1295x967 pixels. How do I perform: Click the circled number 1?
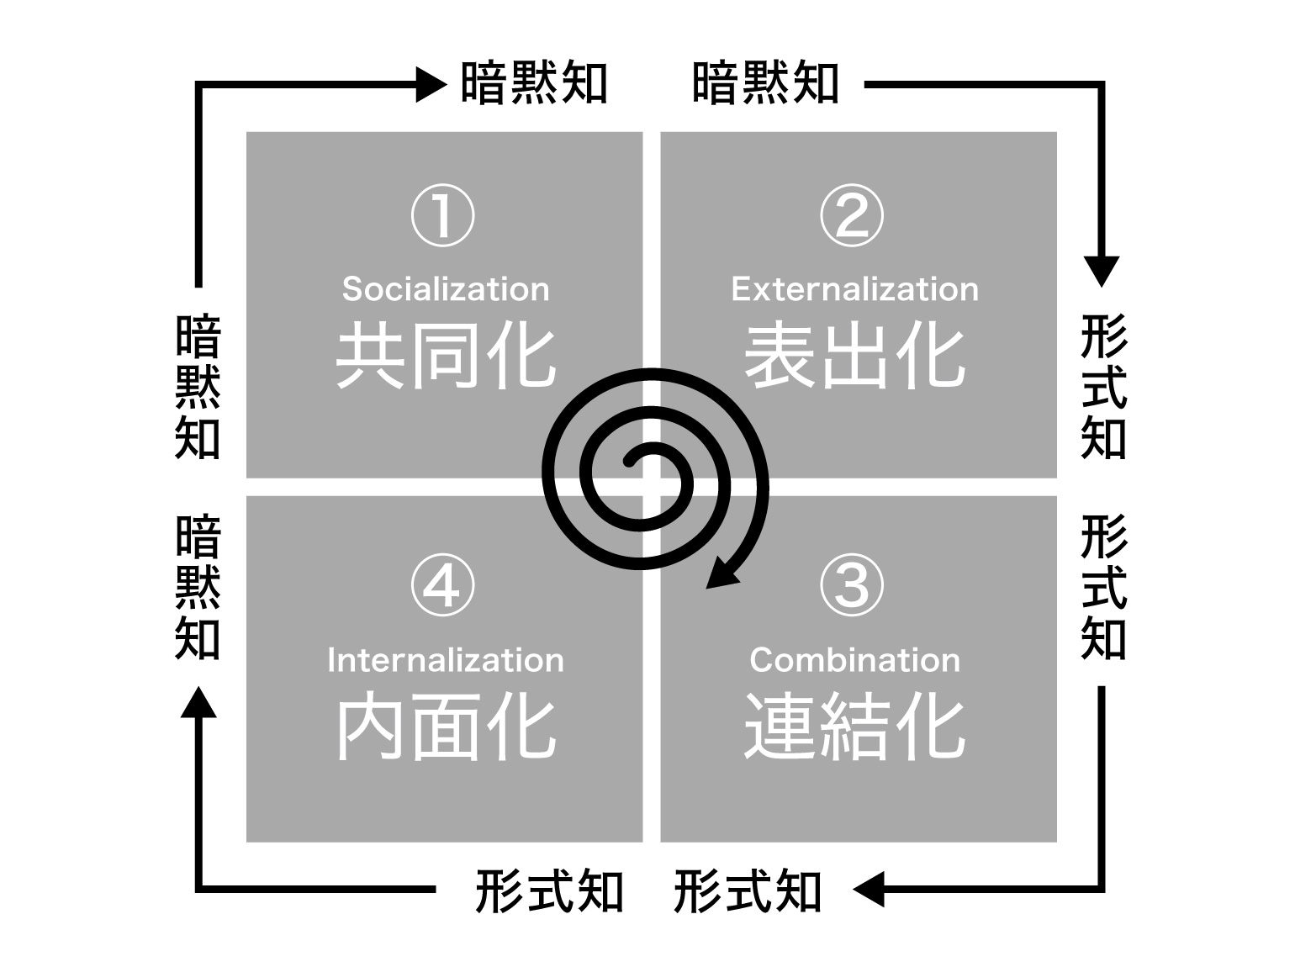tap(442, 215)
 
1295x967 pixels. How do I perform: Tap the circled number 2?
tap(851, 215)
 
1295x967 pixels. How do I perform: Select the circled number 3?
tap(851, 585)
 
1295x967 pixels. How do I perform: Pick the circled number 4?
tap(442, 585)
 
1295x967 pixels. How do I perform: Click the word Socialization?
tap(446, 289)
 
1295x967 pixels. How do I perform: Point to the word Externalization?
tap(855, 289)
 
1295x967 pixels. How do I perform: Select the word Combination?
tap(855, 659)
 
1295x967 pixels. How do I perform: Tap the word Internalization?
tap(446, 659)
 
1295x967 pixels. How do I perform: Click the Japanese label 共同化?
tap(446, 356)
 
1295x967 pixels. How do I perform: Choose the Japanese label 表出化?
tap(855, 356)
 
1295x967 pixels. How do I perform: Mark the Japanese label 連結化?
tap(855, 726)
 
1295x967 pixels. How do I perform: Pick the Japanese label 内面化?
tap(446, 726)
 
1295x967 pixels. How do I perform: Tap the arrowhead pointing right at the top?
tap(431, 84)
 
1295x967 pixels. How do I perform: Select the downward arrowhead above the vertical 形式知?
tap(1101, 272)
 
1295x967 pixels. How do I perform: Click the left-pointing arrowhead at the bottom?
tap(869, 889)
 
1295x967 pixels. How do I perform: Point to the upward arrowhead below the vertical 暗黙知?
tap(198, 702)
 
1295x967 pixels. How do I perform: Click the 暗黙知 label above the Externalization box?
tap(765, 84)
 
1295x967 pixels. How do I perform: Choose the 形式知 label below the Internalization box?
tap(549, 890)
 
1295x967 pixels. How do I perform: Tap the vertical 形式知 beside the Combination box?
tap(1104, 587)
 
